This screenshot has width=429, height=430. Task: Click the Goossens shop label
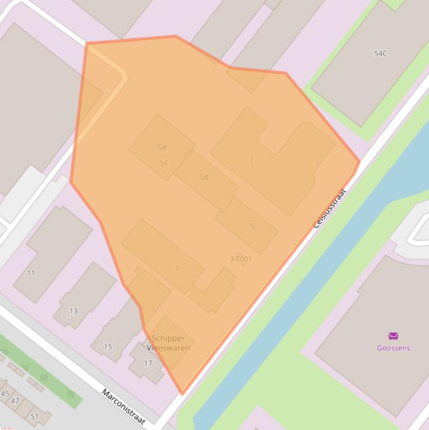(393, 348)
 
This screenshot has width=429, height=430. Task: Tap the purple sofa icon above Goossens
(393, 336)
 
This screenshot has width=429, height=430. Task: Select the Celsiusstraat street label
(330, 208)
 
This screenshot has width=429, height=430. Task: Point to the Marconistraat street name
(123, 407)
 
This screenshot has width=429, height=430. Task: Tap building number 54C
(380, 54)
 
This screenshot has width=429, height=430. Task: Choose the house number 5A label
(162, 148)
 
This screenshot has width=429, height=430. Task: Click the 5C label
(164, 164)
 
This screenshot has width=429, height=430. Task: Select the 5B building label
(204, 177)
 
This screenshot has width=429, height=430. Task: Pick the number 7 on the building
(251, 161)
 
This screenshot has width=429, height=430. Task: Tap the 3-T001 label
(240, 259)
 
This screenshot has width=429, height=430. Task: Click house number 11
(31, 273)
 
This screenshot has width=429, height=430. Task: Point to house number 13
(73, 311)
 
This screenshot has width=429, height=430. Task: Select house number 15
(108, 347)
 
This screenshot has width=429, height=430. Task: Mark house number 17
(148, 363)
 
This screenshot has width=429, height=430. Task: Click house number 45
(5, 394)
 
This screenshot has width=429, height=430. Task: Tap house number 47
(15, 401)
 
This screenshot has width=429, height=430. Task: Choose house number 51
(35, 417)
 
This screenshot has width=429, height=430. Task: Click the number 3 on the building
(177, 268)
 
